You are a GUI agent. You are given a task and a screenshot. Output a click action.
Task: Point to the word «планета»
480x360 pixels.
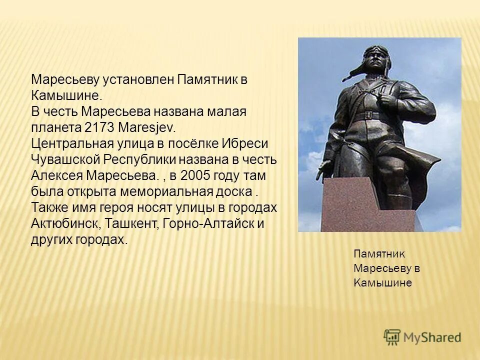point(51,128)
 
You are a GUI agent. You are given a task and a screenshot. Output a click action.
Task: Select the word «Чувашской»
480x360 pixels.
point(66,160)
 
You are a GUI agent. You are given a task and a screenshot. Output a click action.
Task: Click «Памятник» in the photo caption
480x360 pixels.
point(379,254)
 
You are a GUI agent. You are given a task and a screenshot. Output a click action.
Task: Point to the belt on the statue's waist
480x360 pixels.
point(370,116)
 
